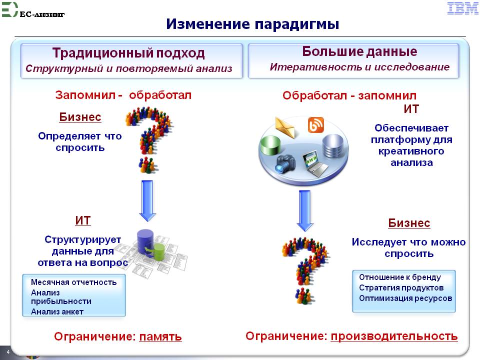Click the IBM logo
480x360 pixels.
[x=462, y=8]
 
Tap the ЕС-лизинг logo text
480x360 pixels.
[x=42, y=14]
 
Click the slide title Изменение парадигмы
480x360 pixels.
[x=252, y=23]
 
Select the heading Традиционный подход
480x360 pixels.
[x=128, y=53]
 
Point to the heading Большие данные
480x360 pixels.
[x=359, y=51]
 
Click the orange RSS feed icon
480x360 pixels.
[x=315, y=125]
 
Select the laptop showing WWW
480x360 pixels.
[x=315, y=163]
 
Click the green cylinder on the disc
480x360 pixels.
[x=270, y=145]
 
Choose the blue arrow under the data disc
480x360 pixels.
[x=304, y=210]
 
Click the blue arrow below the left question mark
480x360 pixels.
[x=147, y=201]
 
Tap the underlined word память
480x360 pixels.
[x=160, y=336]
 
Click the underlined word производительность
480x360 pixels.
[x=394, y=336]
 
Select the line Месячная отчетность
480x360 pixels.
[x=74, y=282]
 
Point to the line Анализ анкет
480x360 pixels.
[x=57, y=311]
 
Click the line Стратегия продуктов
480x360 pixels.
[x=401, y=288]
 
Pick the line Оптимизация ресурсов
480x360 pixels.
[x=405, y=298]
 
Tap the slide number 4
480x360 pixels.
[x=8, y=352]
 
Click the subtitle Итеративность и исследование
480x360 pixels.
[x=359, y=66]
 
